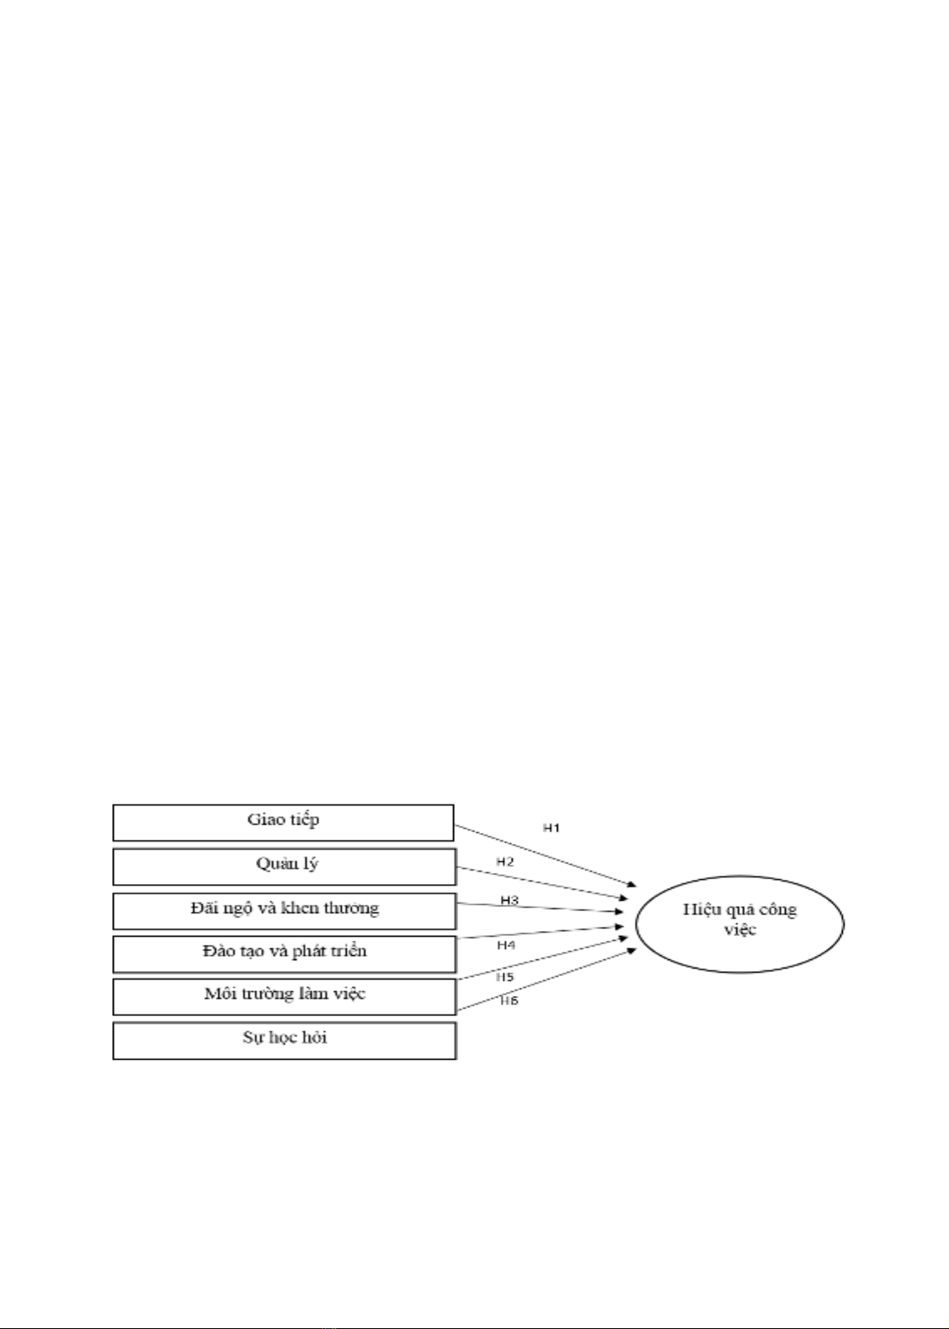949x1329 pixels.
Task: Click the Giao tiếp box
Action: (x=283, y=822)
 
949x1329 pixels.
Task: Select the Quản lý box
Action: (x=284, y=866)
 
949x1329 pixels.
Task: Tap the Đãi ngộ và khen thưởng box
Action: (x=284, y=911)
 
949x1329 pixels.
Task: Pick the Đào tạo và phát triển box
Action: (x=284, y=954)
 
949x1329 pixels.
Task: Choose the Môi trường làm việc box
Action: (x=284, y=997)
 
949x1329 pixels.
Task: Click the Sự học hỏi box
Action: (x=284, y=1040)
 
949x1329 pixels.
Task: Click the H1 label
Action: (x=552, y=828)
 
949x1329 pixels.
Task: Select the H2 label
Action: (x=505, y=862)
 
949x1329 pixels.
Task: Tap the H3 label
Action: (x=509, y=900)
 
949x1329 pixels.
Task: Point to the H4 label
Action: (x=506, y=945)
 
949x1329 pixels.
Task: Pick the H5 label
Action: (x=505, y=977)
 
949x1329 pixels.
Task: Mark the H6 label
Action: (x=509, y=1001)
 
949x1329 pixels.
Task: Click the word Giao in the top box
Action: (x=267, y=820)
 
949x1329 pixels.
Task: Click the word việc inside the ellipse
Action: (x=740, y=929)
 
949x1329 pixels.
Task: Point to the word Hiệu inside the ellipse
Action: (x=700, y=909)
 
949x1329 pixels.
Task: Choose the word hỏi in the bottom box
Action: (x=314, y=1037)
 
